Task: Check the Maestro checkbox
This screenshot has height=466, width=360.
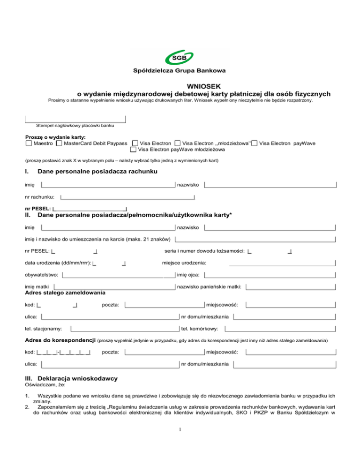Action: (29, 143)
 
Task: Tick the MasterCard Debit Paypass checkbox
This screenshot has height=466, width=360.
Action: (59, 143)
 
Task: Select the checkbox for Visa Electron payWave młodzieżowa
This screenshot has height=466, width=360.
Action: (133, 150)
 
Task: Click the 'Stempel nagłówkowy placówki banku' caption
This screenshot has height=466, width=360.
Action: (75, 126)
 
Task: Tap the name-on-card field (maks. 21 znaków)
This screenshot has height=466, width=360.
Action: (255, 239)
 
